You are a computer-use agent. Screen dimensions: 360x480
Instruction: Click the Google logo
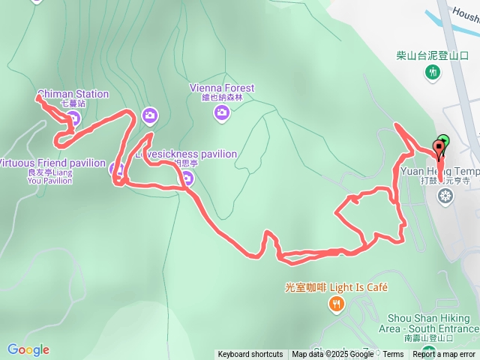28,349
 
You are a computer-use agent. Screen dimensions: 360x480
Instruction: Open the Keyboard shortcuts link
250,355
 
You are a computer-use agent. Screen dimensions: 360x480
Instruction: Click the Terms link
393,355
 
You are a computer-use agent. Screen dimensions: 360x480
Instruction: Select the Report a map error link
444,355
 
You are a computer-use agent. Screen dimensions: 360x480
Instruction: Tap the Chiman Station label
73,94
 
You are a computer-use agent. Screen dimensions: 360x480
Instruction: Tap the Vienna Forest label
221,88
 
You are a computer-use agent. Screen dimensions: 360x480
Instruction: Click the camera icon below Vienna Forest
221,113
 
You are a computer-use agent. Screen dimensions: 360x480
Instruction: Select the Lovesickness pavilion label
188,154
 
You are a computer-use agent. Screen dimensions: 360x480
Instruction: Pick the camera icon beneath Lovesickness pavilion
187,178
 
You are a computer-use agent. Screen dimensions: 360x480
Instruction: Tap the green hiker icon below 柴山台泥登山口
432,72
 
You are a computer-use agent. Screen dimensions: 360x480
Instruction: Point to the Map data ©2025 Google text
332,355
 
